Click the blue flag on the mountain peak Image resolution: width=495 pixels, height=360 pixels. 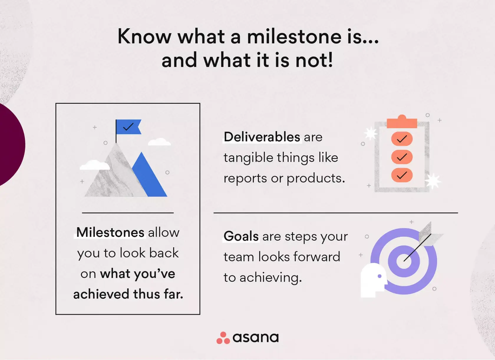click(128, 127)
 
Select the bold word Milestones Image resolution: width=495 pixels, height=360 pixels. click(110, 233)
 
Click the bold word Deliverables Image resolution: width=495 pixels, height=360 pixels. click(262, 137)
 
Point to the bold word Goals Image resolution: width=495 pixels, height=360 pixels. click(241, 236)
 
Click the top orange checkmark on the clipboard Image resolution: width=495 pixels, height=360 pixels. click(402, 139)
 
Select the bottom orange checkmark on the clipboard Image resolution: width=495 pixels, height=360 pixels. click(402, 175)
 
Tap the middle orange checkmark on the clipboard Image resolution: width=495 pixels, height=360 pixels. click(402, 157)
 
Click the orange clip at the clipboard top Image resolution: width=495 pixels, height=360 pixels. click(402, 122)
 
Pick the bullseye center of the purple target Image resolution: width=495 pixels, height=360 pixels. click(404, 261)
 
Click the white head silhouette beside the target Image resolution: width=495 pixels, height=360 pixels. click(372, 280)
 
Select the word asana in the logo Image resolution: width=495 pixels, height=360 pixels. click(255, 338)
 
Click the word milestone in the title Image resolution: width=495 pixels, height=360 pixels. click(294, 37)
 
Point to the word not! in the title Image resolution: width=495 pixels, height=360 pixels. click(314, 60)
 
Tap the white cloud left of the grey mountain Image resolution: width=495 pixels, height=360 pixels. click(94, 165)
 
